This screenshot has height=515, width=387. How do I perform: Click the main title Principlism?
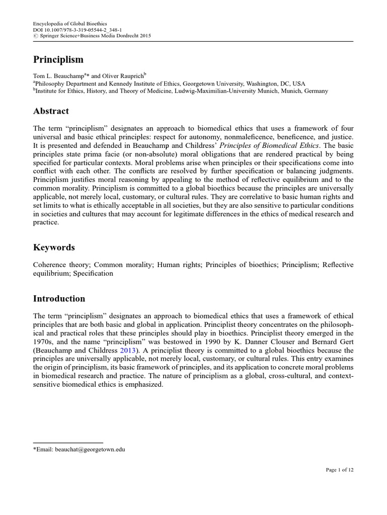58,59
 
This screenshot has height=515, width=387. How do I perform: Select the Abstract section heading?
51,111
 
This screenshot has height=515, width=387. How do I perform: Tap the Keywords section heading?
54,247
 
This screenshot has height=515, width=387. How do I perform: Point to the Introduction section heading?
59,299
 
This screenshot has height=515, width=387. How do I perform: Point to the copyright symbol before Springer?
35,36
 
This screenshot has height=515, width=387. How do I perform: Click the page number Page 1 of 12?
339,470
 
